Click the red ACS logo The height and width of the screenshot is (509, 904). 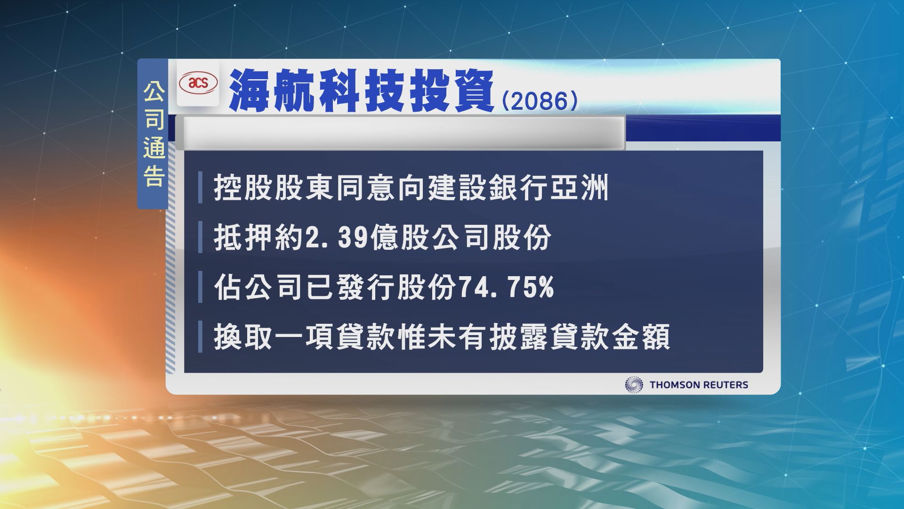tap(198, 84)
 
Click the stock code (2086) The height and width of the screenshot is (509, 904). tap(540, 100)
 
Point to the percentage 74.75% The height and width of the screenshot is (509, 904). tap(506, 287)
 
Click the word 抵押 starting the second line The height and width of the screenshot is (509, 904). tap(243, 238)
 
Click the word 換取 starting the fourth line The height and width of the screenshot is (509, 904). tap(243, 337)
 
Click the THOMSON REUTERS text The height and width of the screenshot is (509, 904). tap(699, 385)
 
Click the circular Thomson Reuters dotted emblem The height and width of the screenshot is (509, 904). tap(634, 385)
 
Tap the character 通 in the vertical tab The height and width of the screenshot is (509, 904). tap(154, 149)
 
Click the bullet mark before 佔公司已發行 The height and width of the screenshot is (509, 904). tap(200, 288)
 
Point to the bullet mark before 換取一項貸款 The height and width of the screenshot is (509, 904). tap(200, 337)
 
